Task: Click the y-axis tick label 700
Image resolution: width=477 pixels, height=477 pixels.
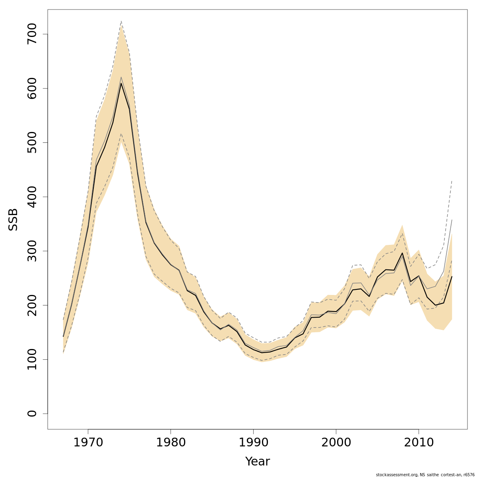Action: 32,34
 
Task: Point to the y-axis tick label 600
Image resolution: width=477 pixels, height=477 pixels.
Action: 32,88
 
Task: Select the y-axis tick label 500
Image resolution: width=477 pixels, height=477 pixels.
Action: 32,143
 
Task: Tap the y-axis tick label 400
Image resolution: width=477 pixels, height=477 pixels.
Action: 32,197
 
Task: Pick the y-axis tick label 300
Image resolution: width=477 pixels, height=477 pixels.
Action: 32,251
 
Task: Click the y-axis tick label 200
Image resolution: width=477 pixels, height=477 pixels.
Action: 32,305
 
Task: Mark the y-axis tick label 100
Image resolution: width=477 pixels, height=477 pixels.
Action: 32,359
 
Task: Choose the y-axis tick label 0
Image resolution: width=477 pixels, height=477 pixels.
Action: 32,413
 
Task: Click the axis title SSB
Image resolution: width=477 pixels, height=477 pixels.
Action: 14,219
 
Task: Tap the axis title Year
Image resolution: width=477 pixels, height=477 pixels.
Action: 257,461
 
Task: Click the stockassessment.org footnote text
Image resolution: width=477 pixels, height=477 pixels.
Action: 425,475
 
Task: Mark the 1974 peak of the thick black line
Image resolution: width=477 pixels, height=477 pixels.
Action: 121,83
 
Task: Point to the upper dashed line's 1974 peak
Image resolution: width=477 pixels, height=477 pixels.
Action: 121,21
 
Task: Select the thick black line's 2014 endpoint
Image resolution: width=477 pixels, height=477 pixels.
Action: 452,276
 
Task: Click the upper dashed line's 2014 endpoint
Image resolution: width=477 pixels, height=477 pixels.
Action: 452,181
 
